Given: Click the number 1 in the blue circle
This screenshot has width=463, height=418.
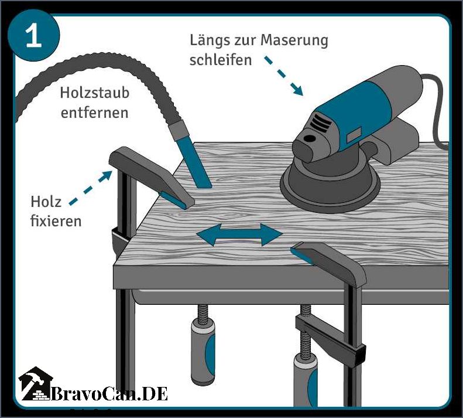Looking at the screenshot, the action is [x=33, y=36].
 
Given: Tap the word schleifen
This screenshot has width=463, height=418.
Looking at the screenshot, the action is [x=221, y=60].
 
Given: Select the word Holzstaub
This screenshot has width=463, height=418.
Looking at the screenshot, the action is [x=95, y=93].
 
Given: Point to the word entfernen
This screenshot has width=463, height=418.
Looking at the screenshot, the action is [x=94, y=113].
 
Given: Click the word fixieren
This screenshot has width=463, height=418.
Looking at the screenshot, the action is [x=56, y=220].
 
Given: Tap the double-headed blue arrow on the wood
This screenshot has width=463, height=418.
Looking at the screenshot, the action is [x=239, y=235].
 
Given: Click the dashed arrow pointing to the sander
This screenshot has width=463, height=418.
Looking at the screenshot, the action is [x=284, y=76].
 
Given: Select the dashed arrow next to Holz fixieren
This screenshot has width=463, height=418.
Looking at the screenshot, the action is [x=91, y=188].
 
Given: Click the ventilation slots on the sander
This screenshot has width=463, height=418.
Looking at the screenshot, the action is [x=321, y=122].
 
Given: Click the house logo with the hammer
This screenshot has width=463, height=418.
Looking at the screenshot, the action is [x=36, y=383].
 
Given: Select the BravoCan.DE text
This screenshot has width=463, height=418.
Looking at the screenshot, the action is [x=109, y=394].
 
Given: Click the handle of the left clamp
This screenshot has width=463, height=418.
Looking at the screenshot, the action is [x=203, y=351].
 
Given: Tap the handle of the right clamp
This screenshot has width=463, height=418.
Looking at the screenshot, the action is [x=306, y=382].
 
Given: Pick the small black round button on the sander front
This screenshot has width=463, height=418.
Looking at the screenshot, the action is [x=309, y=138].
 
